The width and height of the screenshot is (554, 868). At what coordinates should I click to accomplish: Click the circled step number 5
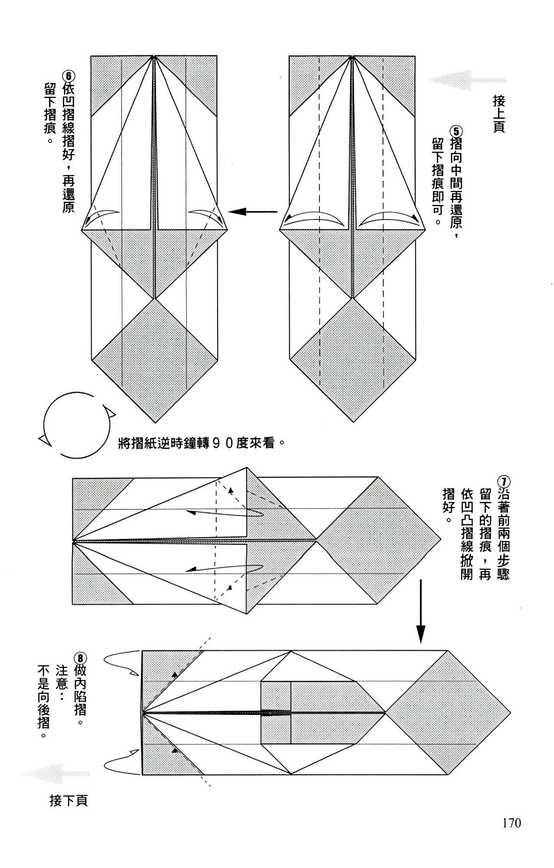point(456,131)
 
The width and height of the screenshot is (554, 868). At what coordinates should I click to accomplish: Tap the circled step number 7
point(503,482)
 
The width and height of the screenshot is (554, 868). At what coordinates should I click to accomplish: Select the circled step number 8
point(80,658)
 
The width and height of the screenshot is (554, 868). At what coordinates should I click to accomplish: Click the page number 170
point(511,823)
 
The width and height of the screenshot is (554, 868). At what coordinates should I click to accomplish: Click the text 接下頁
point(69,800)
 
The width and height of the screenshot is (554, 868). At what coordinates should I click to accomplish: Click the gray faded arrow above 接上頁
point(467,80)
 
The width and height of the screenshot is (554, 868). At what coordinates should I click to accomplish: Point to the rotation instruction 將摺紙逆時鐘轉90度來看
point(202,444)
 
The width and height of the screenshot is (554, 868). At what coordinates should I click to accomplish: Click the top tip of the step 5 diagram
point(353,56)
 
